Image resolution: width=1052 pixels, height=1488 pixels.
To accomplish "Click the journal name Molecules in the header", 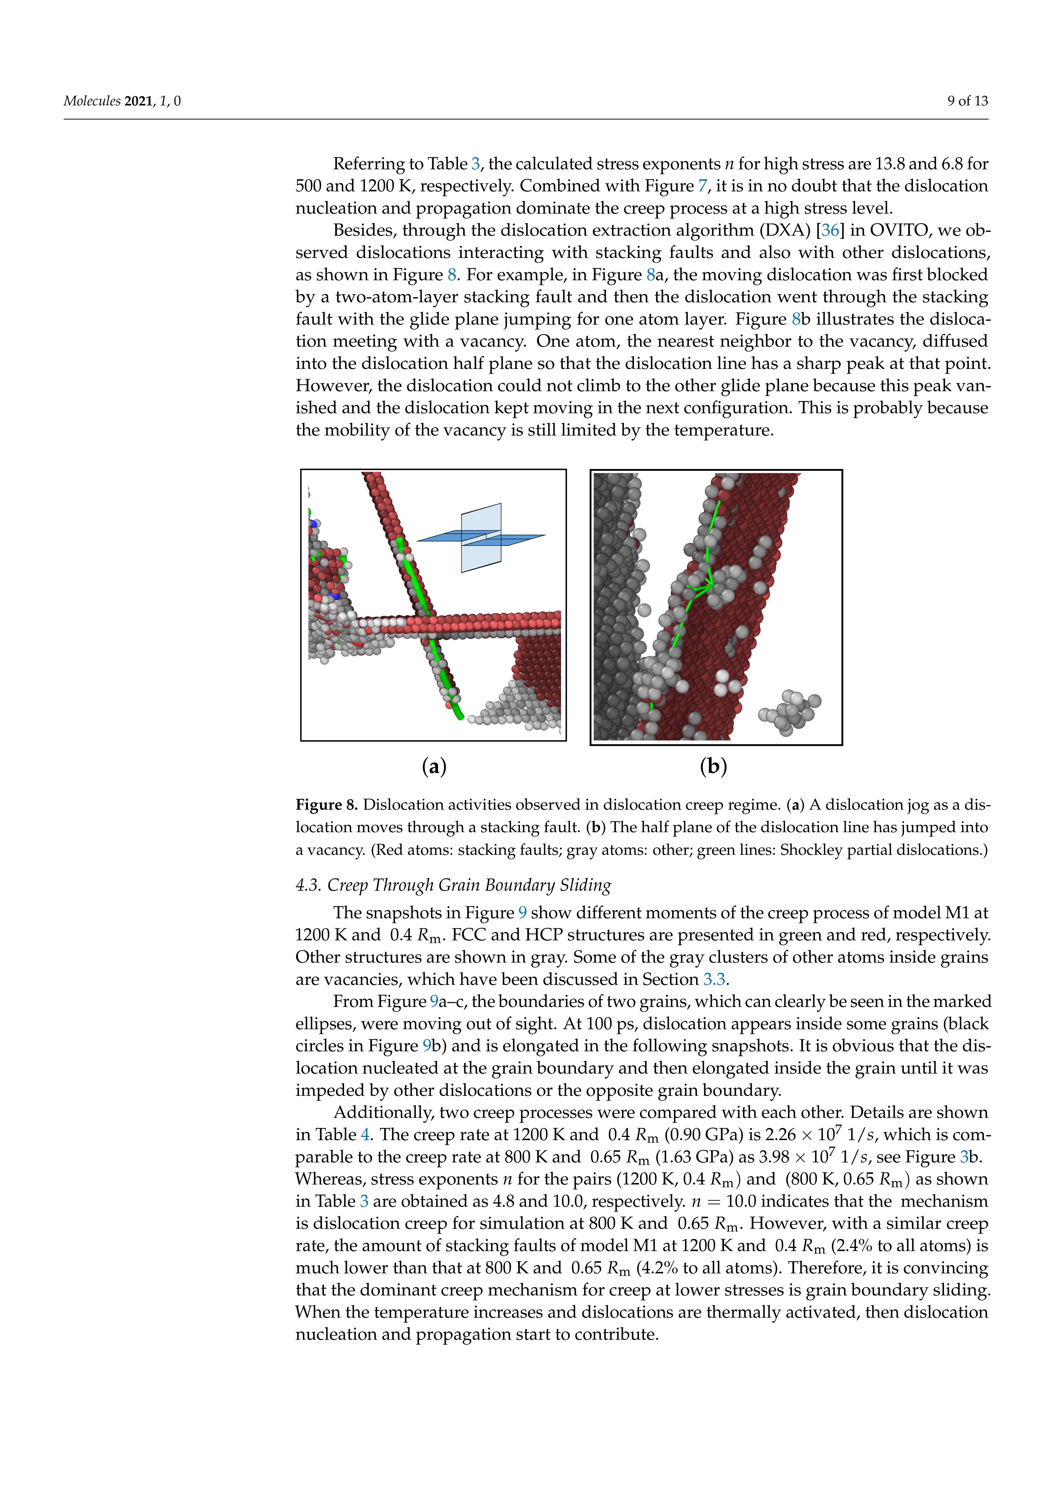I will pyautogui.click(x=91, y=101).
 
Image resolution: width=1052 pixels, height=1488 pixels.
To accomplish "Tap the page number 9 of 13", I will pyautogui.click(x=967, y=101).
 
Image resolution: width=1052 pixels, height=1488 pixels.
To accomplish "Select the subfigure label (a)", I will pyautogui.click(x=434, y=767).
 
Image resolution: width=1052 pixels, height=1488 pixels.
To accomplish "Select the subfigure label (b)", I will pyautogui.click(x=713, y=767).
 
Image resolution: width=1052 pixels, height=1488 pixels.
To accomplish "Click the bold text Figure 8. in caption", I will pyautogui.click(x=327, y=805).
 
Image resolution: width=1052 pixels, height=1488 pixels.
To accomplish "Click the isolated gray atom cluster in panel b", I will pyautogui.click(x=789, y=712).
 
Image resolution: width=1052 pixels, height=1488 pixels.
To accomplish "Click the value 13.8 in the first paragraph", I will pyautogui.click(x=891, y=164).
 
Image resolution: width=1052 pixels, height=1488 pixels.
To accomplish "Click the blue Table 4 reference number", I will pyautogui.click(x=366, y=1135).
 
